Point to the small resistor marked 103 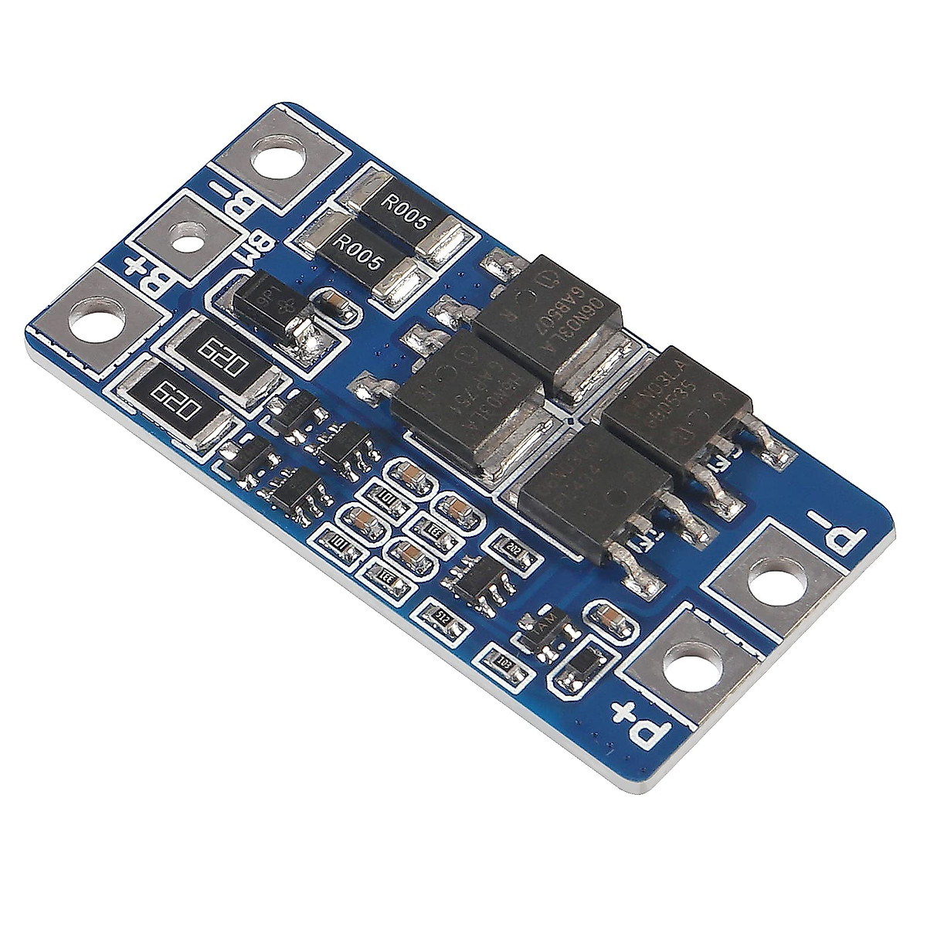click(503, 661)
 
